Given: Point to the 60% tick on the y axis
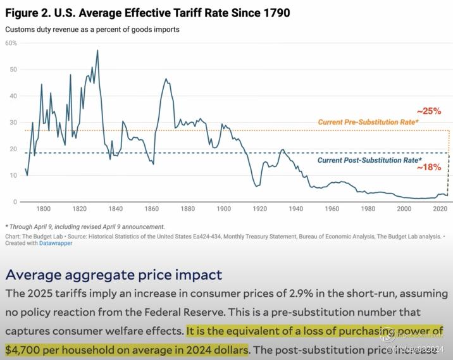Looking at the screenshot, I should [x=11, y=43].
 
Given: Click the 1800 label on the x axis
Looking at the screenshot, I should [x=43, y=209].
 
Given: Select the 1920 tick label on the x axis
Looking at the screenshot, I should [x=260, y=209].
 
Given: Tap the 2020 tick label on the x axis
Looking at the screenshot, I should [x=440, y=209].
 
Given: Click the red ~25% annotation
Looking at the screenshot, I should [x=428, y=111].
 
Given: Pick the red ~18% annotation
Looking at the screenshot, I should [x=428, y=168].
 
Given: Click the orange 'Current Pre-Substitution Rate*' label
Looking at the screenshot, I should [x=368, y=121].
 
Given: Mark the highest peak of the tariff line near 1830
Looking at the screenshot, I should [x=97, y=50].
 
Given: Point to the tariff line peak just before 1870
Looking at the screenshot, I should [x=166, y=79].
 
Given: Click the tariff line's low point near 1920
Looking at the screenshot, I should [x=257, y=186].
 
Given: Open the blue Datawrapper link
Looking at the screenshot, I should [x=55, y=243].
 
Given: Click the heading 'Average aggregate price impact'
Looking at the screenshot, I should [x=114, y=275].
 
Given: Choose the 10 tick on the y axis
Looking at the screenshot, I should [x=13, y=175].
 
